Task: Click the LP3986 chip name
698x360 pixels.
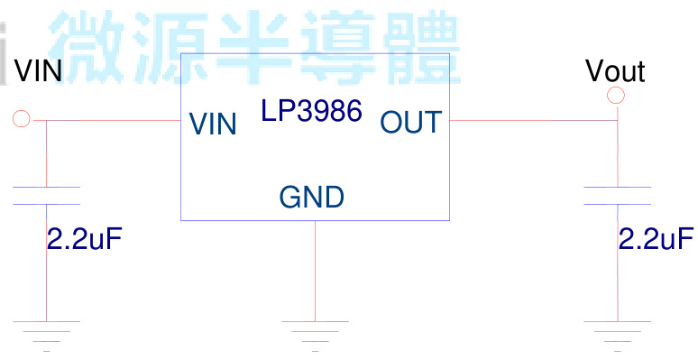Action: [311, 111]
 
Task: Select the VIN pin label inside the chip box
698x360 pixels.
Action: [213, 124]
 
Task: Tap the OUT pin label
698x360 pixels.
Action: [411, 122]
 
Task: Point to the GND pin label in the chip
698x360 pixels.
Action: [311, 197]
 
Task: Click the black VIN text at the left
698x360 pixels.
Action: [38, 70]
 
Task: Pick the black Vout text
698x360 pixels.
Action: [614, 70]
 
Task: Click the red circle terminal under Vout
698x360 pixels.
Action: [617, 96]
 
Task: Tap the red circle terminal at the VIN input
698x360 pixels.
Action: [22, 118]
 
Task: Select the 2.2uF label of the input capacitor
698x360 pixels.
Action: [84, 239]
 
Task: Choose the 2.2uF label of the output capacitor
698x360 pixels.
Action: [656, 239]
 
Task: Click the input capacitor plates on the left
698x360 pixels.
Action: [46, 196]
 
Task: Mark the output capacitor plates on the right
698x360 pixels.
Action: [618, 196]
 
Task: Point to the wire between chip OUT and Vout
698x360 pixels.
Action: [532, 119]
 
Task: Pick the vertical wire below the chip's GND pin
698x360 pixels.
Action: [315, 271]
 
